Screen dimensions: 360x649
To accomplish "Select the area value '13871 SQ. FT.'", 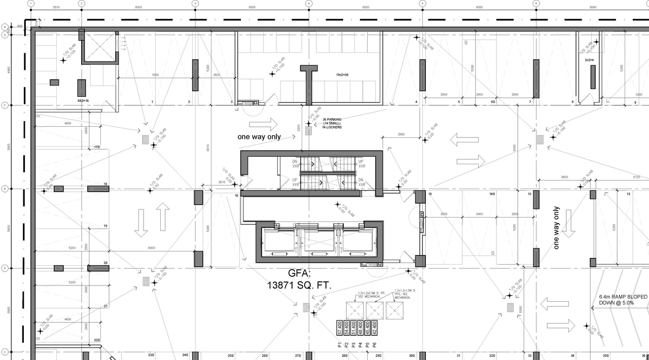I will click(x=299, y=286).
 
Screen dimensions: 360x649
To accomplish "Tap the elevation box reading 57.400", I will click(x=339, y=328).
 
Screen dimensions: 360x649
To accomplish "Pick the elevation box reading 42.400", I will click(x=375, y=328).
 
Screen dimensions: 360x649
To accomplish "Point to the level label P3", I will click(x=353, y=345).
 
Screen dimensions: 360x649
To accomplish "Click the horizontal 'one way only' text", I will click(x=259, y=137).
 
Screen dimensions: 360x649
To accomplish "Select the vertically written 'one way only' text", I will click(x=556, y=228).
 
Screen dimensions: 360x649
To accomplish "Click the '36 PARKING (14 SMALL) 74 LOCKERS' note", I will click(x=332, y=123).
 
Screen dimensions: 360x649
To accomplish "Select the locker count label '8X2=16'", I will click(x=83, y=101).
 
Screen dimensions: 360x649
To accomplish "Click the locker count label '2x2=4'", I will click(x=589, y=60).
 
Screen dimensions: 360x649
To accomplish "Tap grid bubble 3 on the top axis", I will click(x=195, y=4).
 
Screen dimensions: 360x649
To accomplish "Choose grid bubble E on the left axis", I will click(x=4, y=189).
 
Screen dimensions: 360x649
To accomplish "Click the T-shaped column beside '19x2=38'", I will click(x=308, y=84).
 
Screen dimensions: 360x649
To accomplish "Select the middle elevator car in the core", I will click(x=317, y=241).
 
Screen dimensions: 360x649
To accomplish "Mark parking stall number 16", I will click(x=236, y=195).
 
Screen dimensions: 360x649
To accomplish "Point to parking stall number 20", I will click(x=105, y=263).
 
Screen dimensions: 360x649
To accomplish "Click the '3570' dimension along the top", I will click(x=56, y=8).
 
